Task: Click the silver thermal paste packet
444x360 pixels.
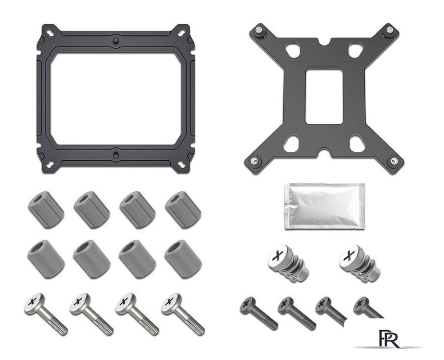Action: click(x=324, y=206)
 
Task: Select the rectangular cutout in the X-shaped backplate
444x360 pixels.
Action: click(x=324, y=96)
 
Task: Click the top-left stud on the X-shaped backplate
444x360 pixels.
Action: click(x=258, y=30)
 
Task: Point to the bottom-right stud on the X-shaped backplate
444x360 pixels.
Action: click(x=393, y=161)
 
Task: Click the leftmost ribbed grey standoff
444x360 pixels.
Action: click(x=46, y=209)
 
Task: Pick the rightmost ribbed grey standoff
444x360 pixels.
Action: click(x=183, y=209)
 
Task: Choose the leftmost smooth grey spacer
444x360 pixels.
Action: click(x=46, y=259)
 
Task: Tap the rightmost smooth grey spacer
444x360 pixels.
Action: click(x=183, y=259)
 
